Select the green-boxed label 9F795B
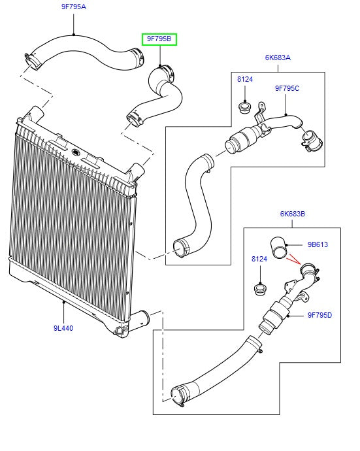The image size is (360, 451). click(159, 39)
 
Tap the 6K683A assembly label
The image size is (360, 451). click(277, 58)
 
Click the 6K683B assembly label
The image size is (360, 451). click(293, 213)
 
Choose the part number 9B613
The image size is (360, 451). click(317, 244)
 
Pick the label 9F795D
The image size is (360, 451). click(319, 315)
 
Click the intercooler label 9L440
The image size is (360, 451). click(63, 327)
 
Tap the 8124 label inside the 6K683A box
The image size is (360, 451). click(244, 79)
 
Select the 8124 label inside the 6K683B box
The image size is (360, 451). click(259, 259)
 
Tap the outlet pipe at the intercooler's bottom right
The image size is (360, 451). click(141, 320)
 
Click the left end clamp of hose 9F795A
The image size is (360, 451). click(33, 61)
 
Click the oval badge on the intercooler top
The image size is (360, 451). click(75, 153)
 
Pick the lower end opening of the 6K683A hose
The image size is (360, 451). click(181, 247)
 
